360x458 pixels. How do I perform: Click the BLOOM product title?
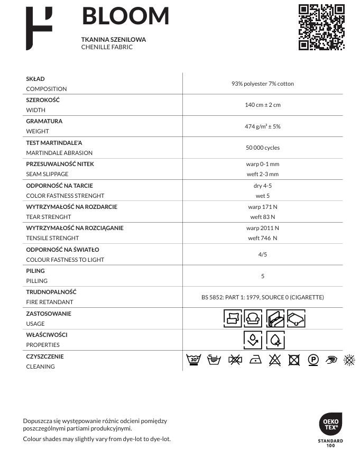[x=125, y=17]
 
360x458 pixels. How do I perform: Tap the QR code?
[x=321, y=27]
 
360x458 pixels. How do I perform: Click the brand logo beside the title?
[x=39, y=29]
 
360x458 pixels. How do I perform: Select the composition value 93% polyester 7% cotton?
[x=262, y=84]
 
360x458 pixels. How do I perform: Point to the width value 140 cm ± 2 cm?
[x=262, y=105]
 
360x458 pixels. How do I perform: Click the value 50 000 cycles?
[x=262, y=148]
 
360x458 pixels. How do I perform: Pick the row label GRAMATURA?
[x=44, y=121]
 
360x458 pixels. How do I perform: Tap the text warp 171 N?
[x=262, y=207]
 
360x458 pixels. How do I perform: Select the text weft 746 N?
[x=262, y=238]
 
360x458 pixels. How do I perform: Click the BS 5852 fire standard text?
[x=262, y=297]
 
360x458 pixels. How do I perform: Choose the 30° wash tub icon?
[x=195, y=360]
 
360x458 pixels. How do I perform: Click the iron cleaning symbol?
[x=255, y=360]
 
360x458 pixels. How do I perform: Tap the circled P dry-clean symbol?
[x=313, y=360]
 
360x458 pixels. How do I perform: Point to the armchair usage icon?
[x=253, y=318]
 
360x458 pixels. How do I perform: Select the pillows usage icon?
[x=233, y=318]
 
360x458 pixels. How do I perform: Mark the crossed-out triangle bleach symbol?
[x=274, y=360]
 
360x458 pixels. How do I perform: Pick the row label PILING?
[x=35, y=271]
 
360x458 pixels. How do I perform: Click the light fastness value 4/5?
[x=262, y=254]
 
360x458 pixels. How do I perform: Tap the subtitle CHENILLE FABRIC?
[x=107, y=47]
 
